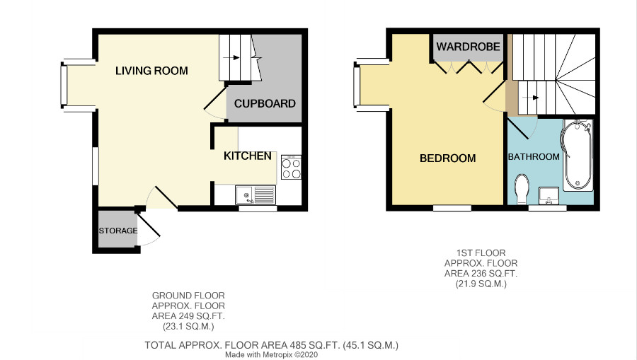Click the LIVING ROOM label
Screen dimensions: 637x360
pyautogui.click(x=151, y=71)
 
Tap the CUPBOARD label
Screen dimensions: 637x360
pyautogui.click(x=265, y=103)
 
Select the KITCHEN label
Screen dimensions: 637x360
pyautogui.click(x=248, y=156)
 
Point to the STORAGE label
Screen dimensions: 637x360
pyautogui.click(x=118, y=231)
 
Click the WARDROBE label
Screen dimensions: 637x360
pyautogui.click(x=468, y=47)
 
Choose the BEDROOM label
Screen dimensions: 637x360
pyautogui.click(x=448, y=158)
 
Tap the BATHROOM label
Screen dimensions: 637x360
pyautogui.click(x=534, y=157)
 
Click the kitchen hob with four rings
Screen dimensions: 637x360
pyautogui.click(x=292, y=167)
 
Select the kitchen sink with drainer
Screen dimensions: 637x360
pyautogui.click(x=256, y=194)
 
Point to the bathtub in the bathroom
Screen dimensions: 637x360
pyautogui.click(x=577, y=155)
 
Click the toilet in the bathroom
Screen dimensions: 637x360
pyautogui.click(x=521, y=190)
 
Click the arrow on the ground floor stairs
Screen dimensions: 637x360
pyautogui.click(x=231, y=57)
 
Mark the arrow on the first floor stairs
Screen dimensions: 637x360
pyautogui.click(x=531, y=98)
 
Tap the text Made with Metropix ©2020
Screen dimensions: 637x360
pyautogui.click(x=271, y=355)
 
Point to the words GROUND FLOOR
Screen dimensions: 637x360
pyautogui.click(x=188, y=296)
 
